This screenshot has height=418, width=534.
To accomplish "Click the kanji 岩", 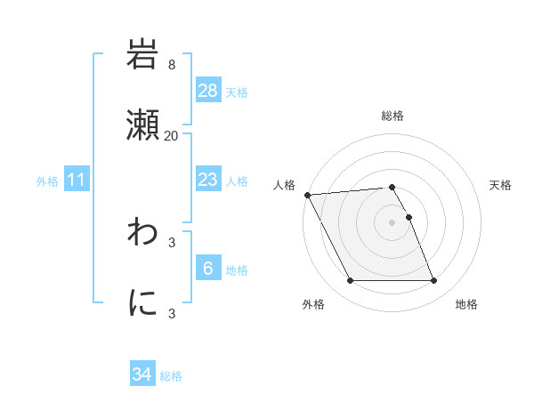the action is pyautogui.click(x=143, y=56).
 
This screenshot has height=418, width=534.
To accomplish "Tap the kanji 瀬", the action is pyautogui.click(x=143, y=125).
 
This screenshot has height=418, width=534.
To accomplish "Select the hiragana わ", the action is pyautogui.click(x=143, y=233).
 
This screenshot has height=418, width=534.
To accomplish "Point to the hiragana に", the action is pyautogui.click(x=143, y=302).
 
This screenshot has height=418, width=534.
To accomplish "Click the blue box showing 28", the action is pyautogui.click(x=208, y=91).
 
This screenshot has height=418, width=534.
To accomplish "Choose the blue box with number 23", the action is pyautogui.click(x=208, y=180).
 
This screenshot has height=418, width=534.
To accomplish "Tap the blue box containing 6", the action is pyautogui.click(x=208, y=269).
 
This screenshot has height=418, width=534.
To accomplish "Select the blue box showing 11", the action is pyautogui.click(x=77, y=180).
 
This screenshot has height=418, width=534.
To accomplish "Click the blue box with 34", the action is pyautogui.click(x=142, y=375).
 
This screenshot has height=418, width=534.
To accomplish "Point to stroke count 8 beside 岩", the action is pyautogui.click(x=171, y=65).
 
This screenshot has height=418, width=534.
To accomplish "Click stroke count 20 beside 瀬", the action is pyautogui.click(x=171, y=135).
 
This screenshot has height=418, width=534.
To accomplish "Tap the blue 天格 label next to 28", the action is pyautogui.click(x=237, y=92).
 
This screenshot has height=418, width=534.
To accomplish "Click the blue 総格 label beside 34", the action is pyautogui.click(x=171, y=376).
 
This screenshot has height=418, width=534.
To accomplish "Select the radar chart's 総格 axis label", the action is pyautogui.click(x=392, y=117).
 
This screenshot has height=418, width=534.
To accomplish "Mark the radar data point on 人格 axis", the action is pyautogui.click(x=307, y=195).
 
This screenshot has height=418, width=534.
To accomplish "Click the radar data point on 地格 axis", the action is pyautogui.click(x=433, y=281).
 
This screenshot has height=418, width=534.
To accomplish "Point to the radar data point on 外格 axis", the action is pyautogui.click(x=350, y=281).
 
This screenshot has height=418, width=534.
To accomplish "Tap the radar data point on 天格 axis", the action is pyautogui.click(x=409, y=217).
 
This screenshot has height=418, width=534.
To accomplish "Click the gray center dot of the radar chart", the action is pyautogui.click(x=392, y=222).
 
